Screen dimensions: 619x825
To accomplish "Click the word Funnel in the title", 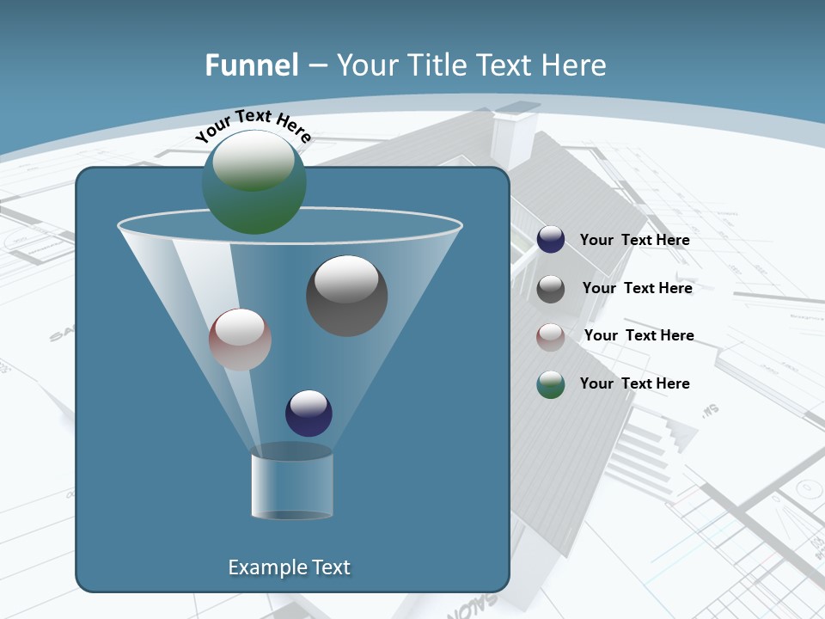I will point(252,65).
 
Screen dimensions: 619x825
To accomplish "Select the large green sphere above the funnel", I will point(254,182).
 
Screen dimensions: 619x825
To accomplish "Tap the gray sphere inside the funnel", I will point(346,296).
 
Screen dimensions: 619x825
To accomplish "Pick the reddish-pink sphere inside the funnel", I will point(240,340).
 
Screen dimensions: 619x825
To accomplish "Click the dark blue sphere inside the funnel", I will point(309,413).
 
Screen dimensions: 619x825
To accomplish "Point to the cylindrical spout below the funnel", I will point(292,486).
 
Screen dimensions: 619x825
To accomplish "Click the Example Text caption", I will point(289,567).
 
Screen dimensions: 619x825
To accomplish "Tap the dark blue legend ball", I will point(551,240).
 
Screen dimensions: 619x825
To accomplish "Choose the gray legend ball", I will point(551,289).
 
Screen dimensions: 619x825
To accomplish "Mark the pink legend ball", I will point(551,336).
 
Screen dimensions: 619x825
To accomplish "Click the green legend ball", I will point(551,384).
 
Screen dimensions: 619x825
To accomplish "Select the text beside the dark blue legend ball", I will point(634,240).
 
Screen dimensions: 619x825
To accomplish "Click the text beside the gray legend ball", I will point(637,288).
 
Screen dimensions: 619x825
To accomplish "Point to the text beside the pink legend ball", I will point(639,335).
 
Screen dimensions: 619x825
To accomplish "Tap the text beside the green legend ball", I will point(634,383).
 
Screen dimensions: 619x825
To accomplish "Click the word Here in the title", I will point(573,65).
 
